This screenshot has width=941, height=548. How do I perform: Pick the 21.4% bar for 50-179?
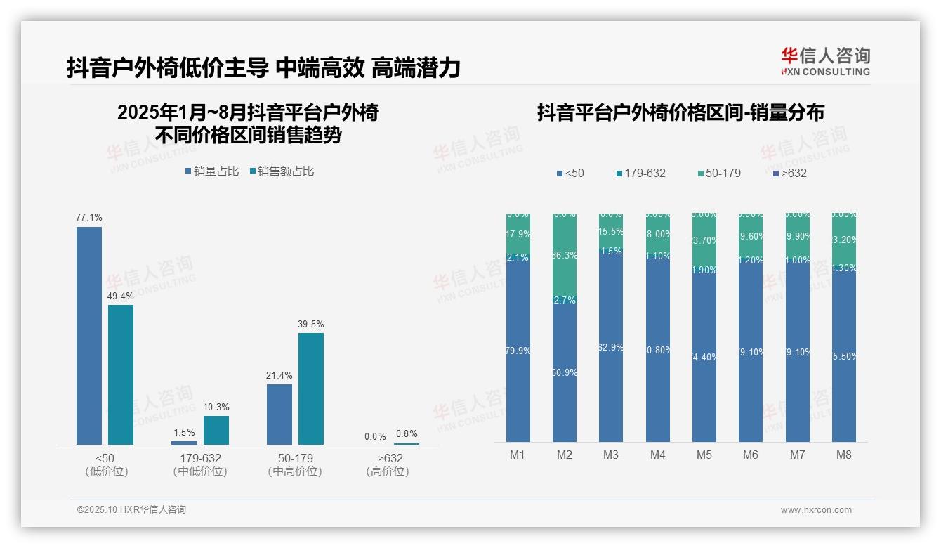tap(279, 414)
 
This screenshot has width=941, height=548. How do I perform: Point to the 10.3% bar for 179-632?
tap(216, 430)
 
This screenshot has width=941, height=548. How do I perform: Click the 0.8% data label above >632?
tap(406, 433)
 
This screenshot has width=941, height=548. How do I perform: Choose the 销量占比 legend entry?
tap(213, 171)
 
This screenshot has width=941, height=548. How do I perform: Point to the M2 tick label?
tap(565, 455)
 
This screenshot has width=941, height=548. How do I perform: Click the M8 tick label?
tap(844, 455)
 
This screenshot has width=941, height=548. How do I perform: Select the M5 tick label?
tap(704, 455)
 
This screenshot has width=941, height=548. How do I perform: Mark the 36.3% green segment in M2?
tap(565, 255)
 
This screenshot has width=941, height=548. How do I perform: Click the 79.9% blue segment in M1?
tap(518, 350)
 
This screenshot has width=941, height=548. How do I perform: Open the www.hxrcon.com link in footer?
tap(816, 510)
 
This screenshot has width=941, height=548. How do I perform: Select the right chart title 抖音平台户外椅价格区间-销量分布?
tap(680, 112)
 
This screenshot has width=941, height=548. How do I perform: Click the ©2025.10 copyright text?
tap(131, 510)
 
